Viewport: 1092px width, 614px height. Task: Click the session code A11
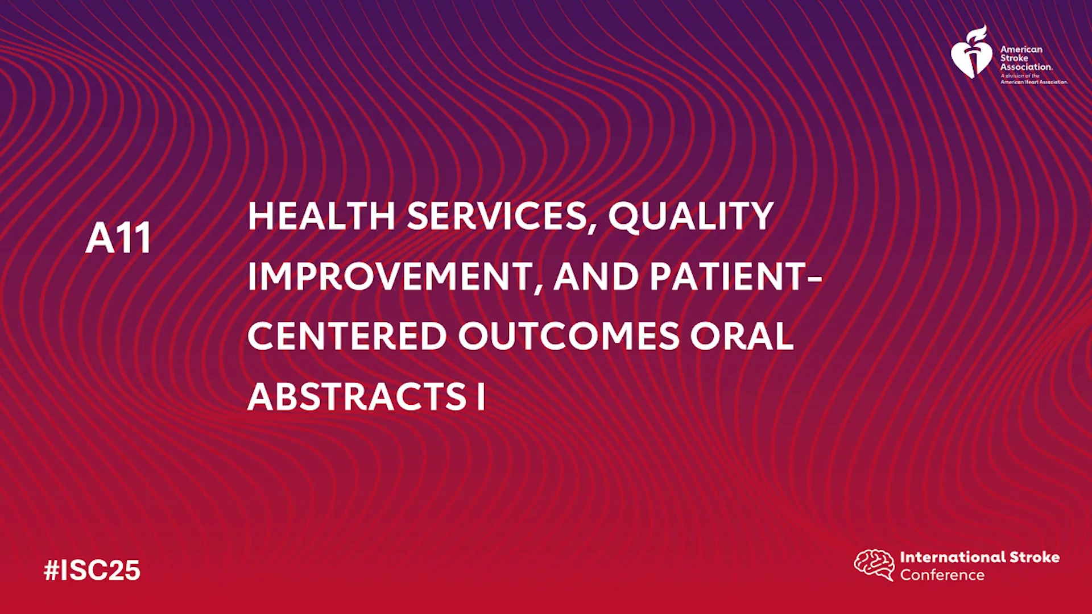pyautogui.click(x=118, y=238)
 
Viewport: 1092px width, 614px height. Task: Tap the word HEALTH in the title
pyautogui.click(x=321, y=216)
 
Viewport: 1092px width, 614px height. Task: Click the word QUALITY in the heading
pyautogui.click(x=690, y=217)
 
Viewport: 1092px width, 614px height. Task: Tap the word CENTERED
pyautogui.click(x=347, y=336)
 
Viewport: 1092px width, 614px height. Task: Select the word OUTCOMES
pyautogui.click(x=569, y=336)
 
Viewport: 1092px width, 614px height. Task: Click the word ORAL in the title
pyautogui.click(x=742, y=336)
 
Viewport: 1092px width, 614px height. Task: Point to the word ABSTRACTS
pyautogui.click(x=357, y=396)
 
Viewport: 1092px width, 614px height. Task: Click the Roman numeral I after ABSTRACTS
pyautogui.click(x=481, y=396)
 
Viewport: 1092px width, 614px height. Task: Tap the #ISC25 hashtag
pyautogui.click(x=92, y=570)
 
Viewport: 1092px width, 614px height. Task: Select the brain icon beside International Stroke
pyautogui.click(x=874, y=565)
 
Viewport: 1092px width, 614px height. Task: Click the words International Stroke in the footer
pyautogui.click(x=979, y=557)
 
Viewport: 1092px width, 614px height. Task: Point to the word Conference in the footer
pyautogui.click(x=942, y=575)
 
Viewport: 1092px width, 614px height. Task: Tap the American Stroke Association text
pyautogui.click(x=1026, y=58)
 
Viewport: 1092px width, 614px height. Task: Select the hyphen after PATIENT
pyautogui.click(x=814, y=279)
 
